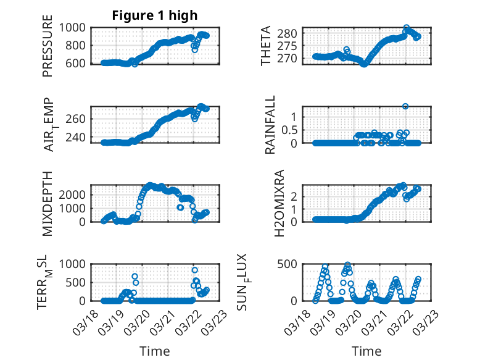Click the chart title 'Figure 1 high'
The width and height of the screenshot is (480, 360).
pyautogui.click(x=155, y=15)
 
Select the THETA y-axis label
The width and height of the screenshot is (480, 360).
pyautogui.click(x=266, y=46)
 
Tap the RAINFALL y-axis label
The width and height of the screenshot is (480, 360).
pyautogui.click(x=271, y=125)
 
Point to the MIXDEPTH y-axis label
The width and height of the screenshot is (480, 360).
pyautogui.click(x=48, y=203)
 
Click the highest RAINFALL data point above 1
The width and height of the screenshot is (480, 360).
pyautogui.click(x=405, y=106)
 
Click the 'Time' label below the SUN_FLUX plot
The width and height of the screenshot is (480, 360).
pyautogui.click(x=366, y=351)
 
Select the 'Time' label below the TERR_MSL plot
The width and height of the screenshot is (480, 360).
pyautogui.click(x=154, y=351)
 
